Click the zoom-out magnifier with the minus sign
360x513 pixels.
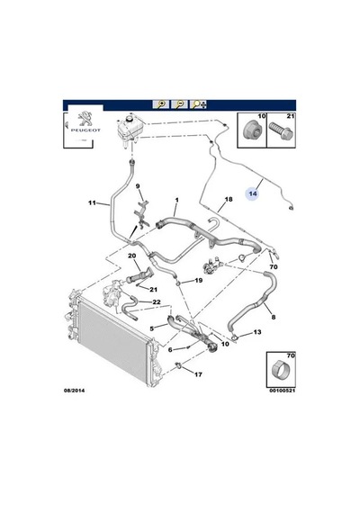(x=180, y=104)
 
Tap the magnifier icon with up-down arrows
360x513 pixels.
(x=199, y=104)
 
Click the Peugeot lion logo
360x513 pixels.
(x=85, y=119)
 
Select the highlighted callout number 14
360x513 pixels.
(x=253, y=193)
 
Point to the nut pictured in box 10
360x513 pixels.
(x=253, y=130)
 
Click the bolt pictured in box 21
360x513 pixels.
(x=281, y=130)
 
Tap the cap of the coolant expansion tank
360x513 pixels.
(x=130, y=118)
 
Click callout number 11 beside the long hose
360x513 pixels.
(x=92, y=202)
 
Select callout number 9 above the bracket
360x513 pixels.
(x=138, y=186)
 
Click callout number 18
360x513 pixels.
(x=229, y=199)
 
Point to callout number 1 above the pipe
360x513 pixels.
(x=176, y=200)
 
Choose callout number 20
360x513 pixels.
(x=132, y=256)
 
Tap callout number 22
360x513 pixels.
(x=157, y=301)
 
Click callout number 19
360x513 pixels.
(x=198, y=280)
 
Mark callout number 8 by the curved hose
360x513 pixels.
(x=274, y=317)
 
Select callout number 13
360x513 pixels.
(x=257, y=332)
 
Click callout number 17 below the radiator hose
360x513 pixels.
(x=198, y=374)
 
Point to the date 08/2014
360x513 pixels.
(x=74, y=391)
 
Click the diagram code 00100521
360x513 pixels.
(x=283, y=391)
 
